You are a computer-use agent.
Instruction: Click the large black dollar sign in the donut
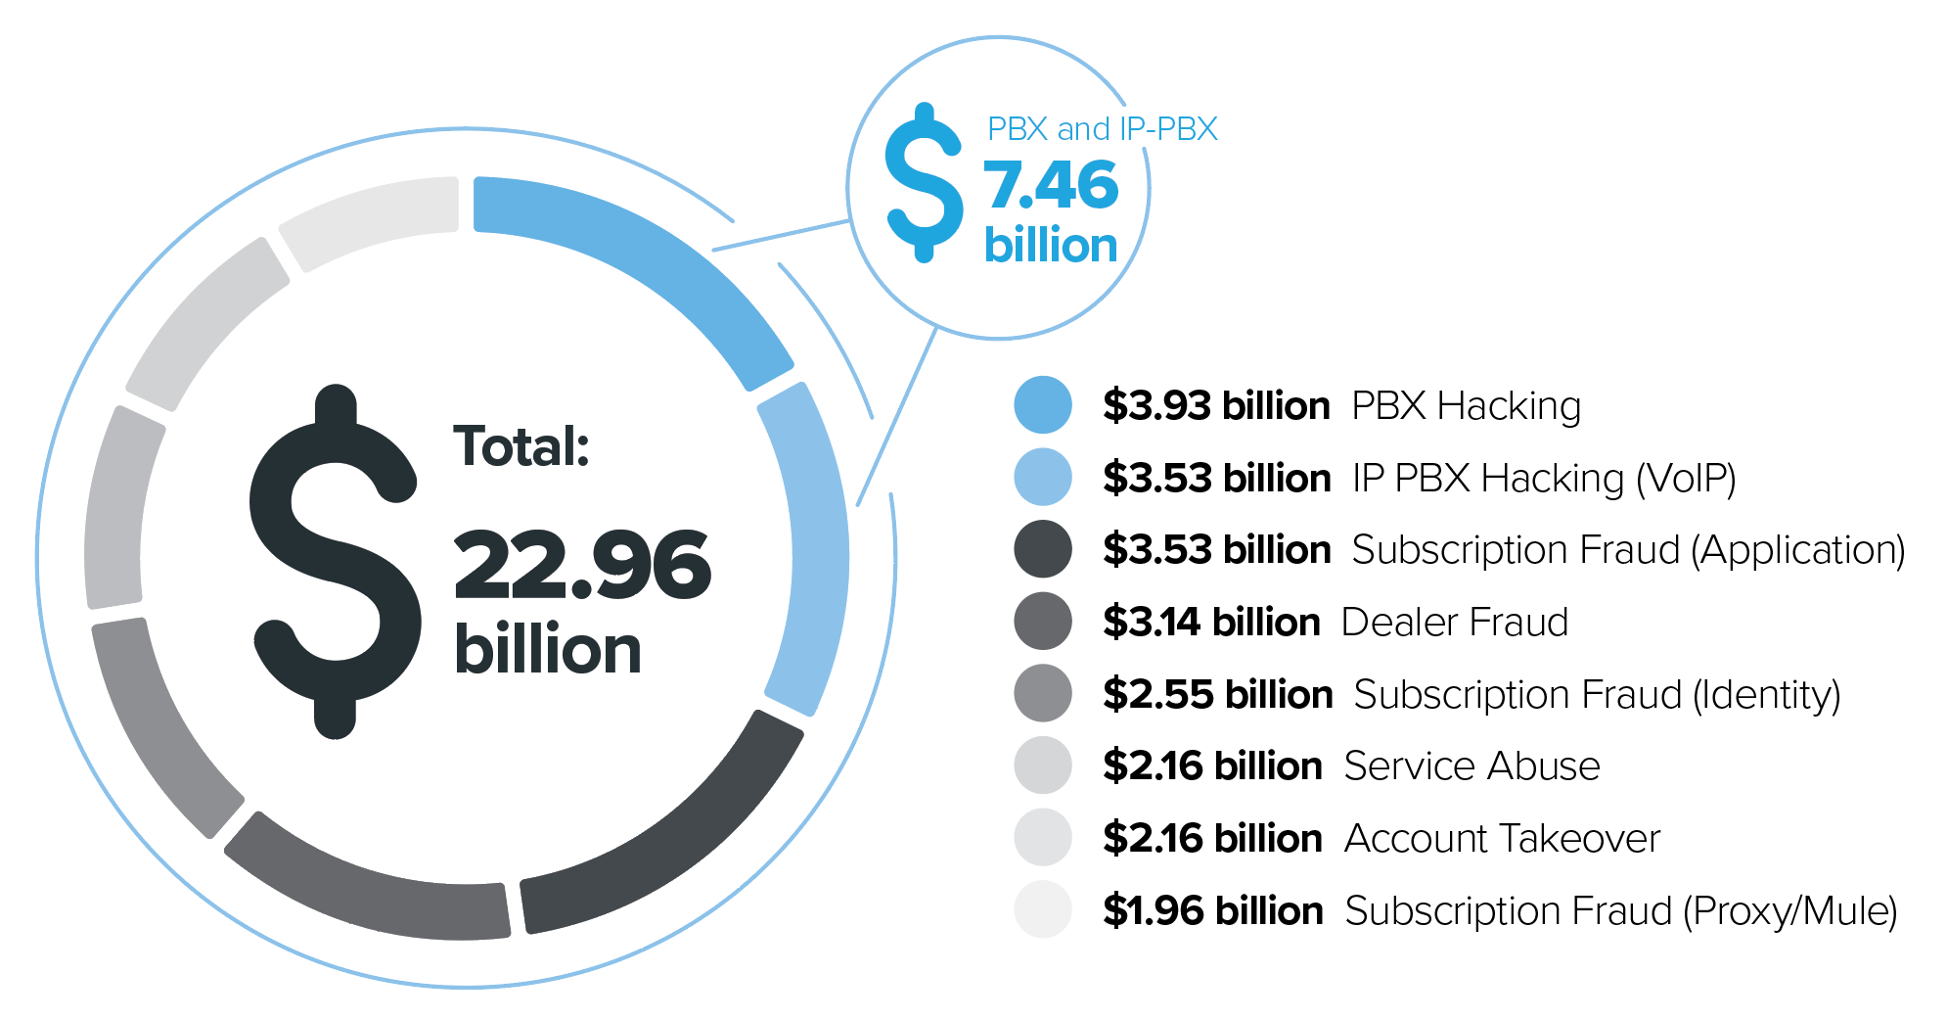pyautogui.click(x=335, y=561)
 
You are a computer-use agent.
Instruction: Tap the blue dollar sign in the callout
pyautogui.click(x=923, y=183)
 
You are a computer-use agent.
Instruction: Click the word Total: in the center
pyautogui.click(x=521, y=446)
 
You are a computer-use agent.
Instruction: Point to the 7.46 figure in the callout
pyautogui.click(x=1050, y=185)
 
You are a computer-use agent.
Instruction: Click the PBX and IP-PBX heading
pyautogui.click(x=1102, y=128)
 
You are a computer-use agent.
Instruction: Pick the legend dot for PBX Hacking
pyautogui.click(x=1043, y=404)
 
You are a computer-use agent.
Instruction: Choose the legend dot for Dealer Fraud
pyautogui.click(x=1043, y=621)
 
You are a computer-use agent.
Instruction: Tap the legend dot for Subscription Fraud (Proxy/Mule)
pyautogui.click(x=1043, y=909)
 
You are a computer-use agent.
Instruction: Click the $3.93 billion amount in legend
pyautogui.click(x=1216, y=405)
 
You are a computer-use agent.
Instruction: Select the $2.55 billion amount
pyautogui.click(x=1217, y=694)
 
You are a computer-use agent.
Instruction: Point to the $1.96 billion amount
pyautogui.click(x=1212, y=910)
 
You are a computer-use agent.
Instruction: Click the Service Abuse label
pyautogui.click(x=1472, y=765)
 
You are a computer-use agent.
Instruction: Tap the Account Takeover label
pyautogui.click(x=1502, y=838)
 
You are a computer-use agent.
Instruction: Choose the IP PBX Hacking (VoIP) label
pyautogui.click(x=1544, y=478)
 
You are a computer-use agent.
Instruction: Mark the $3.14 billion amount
pyautogui.click(x=1211, y=622)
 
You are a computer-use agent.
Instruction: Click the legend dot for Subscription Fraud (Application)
pyautogui.click(x=1043, y=548)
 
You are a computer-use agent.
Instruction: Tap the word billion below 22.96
pyautogui.click(x=548, y=649)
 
